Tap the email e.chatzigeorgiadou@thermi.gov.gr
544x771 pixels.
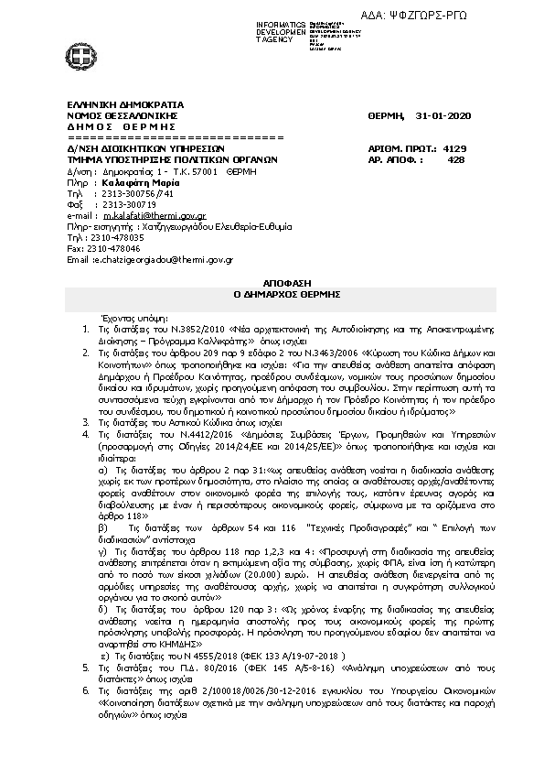tap(162, 260)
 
